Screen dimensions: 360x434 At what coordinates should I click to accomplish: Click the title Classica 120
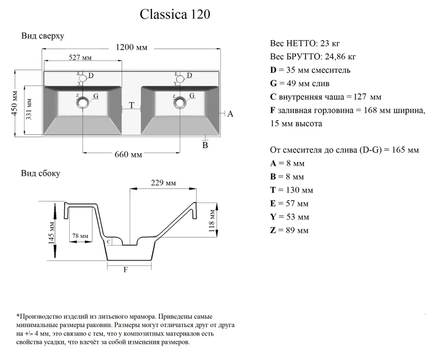(x=175, y=15)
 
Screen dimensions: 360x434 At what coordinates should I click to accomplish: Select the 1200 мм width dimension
(x=131, y=47)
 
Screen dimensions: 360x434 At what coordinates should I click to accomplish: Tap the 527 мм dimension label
(x=80, y=58)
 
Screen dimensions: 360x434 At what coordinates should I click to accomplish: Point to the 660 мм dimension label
(x=128, y=155)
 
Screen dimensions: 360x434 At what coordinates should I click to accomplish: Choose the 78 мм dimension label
(x=80, y=236)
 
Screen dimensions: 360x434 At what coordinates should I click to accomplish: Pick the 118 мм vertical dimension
(x=212, y=221)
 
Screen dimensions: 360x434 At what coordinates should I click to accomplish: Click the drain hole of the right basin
(x=180, y=102)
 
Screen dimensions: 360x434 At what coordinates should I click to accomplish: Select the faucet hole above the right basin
(x=180, y=79)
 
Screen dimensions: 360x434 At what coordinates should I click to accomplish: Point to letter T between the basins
(x=131, y=106)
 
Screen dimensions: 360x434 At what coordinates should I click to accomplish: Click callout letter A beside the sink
(x=230, y=114)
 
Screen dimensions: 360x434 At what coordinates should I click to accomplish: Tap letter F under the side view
(x=126, y=270)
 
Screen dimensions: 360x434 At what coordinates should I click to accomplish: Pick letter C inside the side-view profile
(x=109, y=241)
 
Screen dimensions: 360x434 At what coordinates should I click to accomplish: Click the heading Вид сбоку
(x=40, y=173)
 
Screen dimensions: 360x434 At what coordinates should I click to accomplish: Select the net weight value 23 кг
(x=333, y=43)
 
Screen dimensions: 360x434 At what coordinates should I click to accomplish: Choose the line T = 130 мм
(x=292, y=190)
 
